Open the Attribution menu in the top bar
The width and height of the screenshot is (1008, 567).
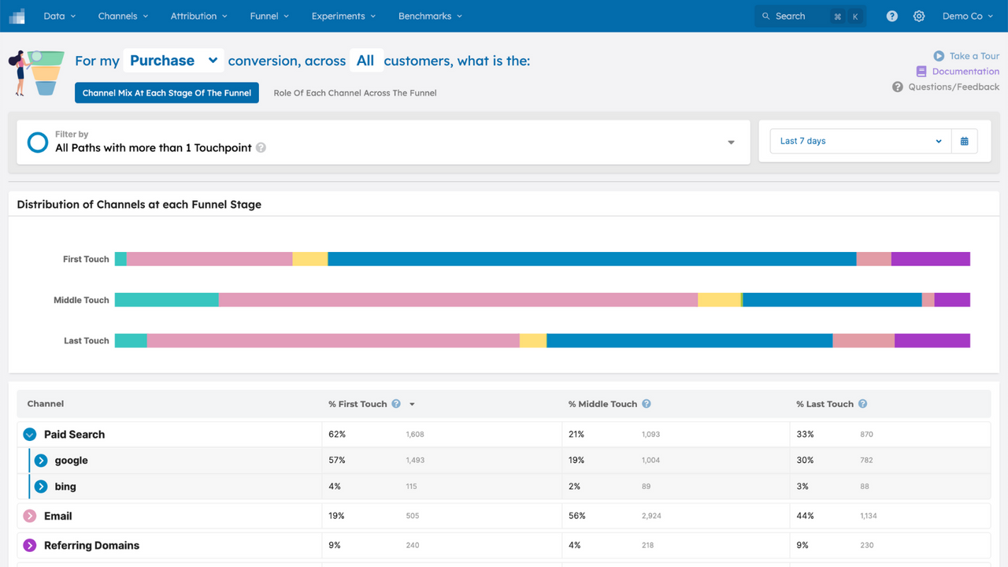pyautogui.click(x=198, y=16)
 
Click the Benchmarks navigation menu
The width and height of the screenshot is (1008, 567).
pyautogui.click(x=430, y=16)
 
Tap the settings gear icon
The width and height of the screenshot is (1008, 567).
pyautogui.click(x=919, y=16)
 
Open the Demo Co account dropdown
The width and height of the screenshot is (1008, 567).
pyautogui.click(x=967, y=16)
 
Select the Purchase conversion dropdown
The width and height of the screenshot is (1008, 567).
pyautogui.click(x=172, y=61)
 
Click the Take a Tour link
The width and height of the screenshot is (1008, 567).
pyautogui.click(x=966, y=56)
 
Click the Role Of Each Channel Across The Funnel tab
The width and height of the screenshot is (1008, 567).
pyautogui.click(x=354, y=93)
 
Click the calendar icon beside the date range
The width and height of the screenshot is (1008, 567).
pyautogui.click(x=964, y=141)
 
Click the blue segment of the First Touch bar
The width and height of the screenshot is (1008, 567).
pyautogui.click(x=591, y=259)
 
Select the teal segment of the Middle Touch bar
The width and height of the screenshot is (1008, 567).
pyautogui.click(x=166, y=300)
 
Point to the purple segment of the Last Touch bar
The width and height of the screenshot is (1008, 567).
pyautogui.click(x=932, y=341)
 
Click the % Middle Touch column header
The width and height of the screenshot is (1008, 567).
pyautogui.click(x=602, y=404)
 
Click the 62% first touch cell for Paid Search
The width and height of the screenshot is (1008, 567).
pyautogui.click(x=337, y=434)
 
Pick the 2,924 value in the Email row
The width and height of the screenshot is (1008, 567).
pyautogui.click(x=651, y=516)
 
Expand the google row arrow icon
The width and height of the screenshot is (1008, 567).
pyautogui.click(x=41, y=461)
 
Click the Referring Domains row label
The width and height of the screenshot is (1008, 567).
pyautogui.click(x=91, y=545)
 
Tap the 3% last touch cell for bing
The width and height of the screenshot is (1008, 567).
pyautogui.click(x=802, y=487)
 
